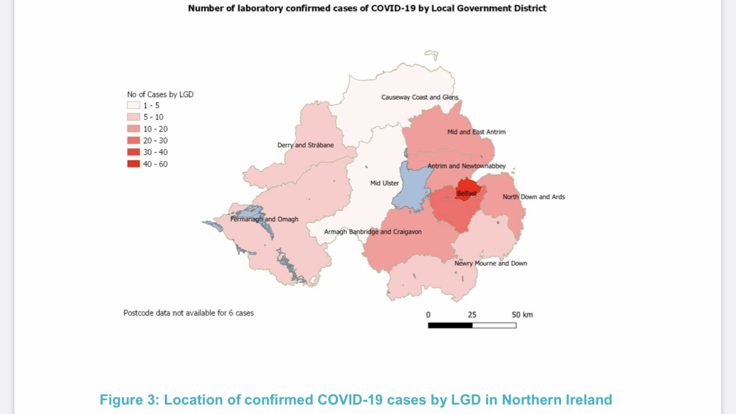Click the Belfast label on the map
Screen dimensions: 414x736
(466, 194)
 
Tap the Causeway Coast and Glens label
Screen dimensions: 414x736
(419, 98)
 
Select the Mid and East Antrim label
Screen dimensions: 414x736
(476, 132)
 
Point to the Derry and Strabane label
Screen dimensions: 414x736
(306, 145)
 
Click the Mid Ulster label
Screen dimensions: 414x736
(385, 183)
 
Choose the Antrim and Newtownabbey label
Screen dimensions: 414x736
(466, 166)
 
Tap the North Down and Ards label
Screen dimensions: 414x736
(534, 197)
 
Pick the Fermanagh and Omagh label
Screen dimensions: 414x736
(264, 219)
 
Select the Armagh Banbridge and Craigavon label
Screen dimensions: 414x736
(372, 232)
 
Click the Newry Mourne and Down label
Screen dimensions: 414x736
(490, 263)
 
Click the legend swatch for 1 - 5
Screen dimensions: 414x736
(134, 105)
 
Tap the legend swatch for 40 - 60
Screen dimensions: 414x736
(134, 164)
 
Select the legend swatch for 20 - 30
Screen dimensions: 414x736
(134, 141)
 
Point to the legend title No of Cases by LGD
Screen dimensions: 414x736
(160, 94)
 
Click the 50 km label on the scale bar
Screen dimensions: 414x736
(522, 315)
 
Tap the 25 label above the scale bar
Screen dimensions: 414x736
(472, 315)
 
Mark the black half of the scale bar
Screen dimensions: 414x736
(450, 325)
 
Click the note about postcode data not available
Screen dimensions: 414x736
(188, 313)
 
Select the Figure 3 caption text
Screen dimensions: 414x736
(356, 400)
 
